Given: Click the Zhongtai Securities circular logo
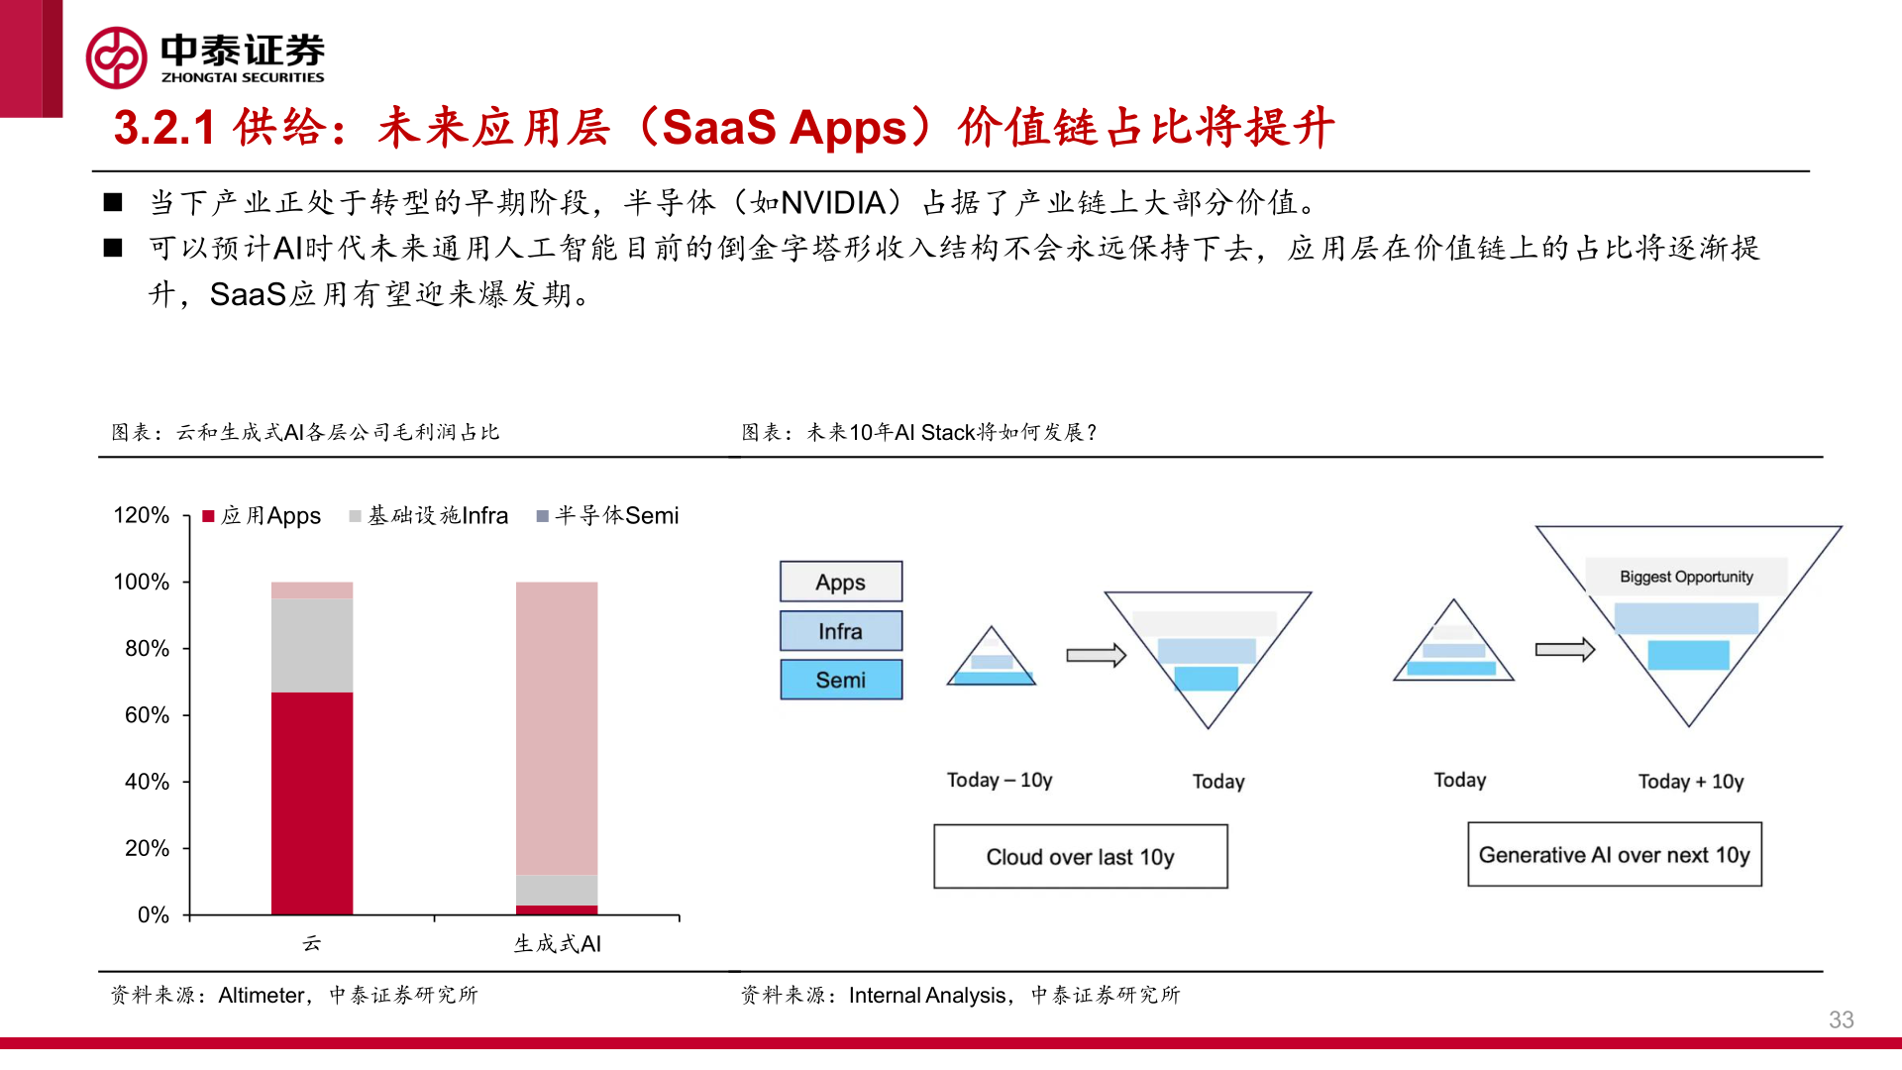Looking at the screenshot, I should [117, 57].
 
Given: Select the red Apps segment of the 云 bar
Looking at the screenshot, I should [312, 802].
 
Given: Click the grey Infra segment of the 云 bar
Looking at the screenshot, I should [312, 645].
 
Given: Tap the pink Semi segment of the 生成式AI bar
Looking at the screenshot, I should [557, 728].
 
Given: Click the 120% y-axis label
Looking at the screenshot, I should [141, 515].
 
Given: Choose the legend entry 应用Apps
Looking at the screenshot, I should [263, 516].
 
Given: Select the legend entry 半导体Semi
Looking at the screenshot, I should [608, 516].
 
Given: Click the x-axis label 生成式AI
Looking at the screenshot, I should [557, 944].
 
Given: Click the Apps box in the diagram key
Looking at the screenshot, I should [841, 583].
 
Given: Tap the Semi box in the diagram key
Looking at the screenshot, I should [841, 680].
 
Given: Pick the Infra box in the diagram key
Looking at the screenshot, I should [841, 631].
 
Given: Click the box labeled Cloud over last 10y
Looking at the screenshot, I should [1080, 857].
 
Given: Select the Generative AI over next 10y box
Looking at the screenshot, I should [1614, 855].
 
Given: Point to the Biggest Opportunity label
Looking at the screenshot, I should [1686, 577].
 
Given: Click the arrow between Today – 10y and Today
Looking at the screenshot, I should [1096, 655].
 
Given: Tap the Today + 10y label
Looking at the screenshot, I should [1690, 782].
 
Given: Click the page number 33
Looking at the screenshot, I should [1841, 1019].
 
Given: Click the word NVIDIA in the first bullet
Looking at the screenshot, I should [833, 203].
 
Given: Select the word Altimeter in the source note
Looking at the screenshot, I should [262, 995].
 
